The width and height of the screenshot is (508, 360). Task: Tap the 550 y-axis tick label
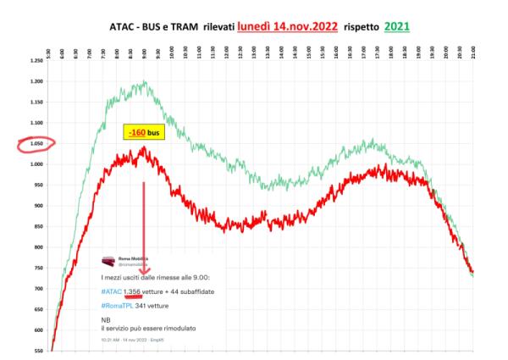point(39,350)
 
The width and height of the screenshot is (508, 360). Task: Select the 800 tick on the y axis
point(39,246)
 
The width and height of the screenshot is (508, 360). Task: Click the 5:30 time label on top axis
point(50,52)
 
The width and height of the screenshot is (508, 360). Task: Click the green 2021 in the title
point(395,26)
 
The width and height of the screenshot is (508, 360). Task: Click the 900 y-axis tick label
point(39,205)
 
